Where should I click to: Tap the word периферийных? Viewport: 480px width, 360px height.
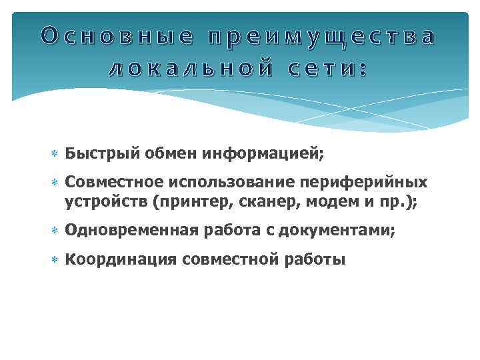370,183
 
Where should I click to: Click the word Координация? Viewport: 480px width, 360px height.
121,259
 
